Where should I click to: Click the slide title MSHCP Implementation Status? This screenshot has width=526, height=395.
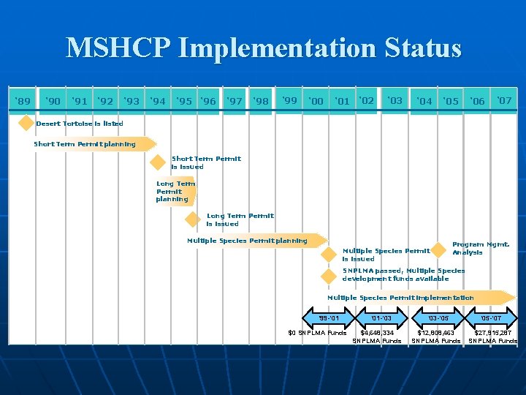click(x=263, y=48)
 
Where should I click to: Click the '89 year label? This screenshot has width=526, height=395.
click(x=23, y=100)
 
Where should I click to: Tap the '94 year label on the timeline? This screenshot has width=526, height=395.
click(x=157, y=101)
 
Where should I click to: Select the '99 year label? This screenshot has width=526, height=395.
click(x=289, y=100)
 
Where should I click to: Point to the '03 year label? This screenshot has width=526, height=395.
click(x=394, y=100)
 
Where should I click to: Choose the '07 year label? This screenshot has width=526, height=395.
click(x=504, y=100)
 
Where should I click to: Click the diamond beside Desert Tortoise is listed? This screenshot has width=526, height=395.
click(x=26, y=123)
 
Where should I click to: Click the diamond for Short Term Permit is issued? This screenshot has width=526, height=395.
click(x=159, y=162)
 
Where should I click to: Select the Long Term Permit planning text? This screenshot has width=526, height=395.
click(x=175, y=192)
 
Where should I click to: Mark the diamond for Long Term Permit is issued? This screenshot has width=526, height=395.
click(x=193, y=219)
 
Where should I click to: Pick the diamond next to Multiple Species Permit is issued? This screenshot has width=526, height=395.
click(x=329, y=255)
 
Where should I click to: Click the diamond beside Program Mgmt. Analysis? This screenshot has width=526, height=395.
click(x=439, y=249)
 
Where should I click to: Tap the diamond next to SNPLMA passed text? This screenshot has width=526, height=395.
click(x=329, y=276)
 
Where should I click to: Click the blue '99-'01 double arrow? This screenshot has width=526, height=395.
click(x=329, y=318)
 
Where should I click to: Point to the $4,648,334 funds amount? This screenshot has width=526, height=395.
click(x=377, y=333)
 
